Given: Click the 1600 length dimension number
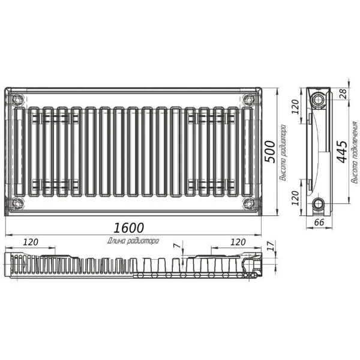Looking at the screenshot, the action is click(x=129, y=228).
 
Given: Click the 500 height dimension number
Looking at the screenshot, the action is click(x=270, y=152).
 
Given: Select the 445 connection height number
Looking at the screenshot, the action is click(x=342, y=152).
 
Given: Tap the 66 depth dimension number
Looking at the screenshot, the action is click(x=319, y=222).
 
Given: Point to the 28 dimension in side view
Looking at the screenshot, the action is click(x=344, y=94).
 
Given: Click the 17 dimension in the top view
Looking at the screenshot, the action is click(x=272, y=246).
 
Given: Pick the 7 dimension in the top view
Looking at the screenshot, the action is click(x=177, y=245).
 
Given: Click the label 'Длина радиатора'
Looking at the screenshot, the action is click(x=133, y=241).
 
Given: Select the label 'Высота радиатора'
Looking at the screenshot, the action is click(x=283, y=152).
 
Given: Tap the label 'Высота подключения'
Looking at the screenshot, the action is click(x=355, y=152).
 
